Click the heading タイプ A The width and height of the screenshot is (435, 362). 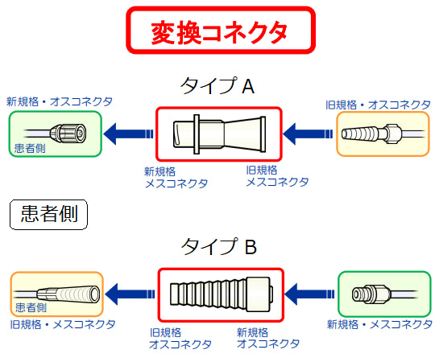pyautogui.click(x=217, y=86)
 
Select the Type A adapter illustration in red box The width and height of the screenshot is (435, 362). pyautogui.click(x=218, y=133)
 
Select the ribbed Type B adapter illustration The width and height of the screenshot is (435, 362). pyautogui.click(x=218, y=294)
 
